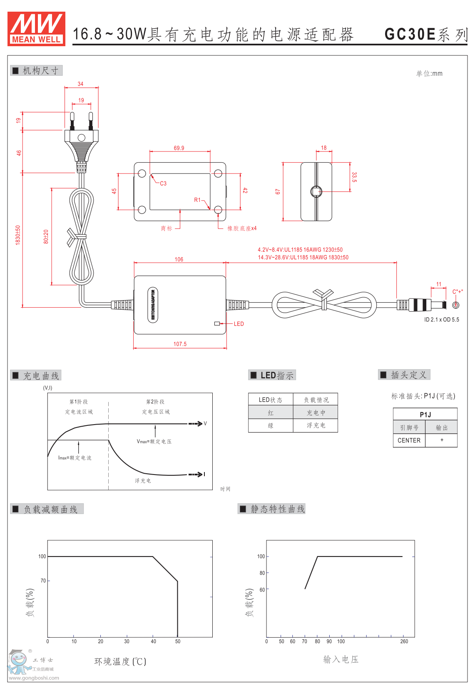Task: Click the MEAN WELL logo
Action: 36,28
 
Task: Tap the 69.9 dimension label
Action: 179,148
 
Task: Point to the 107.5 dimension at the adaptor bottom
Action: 180,344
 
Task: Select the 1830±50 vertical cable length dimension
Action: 18,235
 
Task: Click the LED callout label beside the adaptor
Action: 239,324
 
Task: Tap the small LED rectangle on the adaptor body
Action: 217,323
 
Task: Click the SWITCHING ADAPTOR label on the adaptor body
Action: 153,305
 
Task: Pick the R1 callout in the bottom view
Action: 197,200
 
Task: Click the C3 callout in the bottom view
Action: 163,184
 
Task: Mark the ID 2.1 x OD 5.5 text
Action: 442,320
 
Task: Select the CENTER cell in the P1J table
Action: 409,440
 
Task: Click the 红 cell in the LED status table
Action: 271,413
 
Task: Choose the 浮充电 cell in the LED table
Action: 316,425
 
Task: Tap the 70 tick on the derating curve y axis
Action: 43,581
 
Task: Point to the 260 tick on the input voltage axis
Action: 404,641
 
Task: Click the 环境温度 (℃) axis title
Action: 120,661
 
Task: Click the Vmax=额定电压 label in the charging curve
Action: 154,442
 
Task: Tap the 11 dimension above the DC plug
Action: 439,284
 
